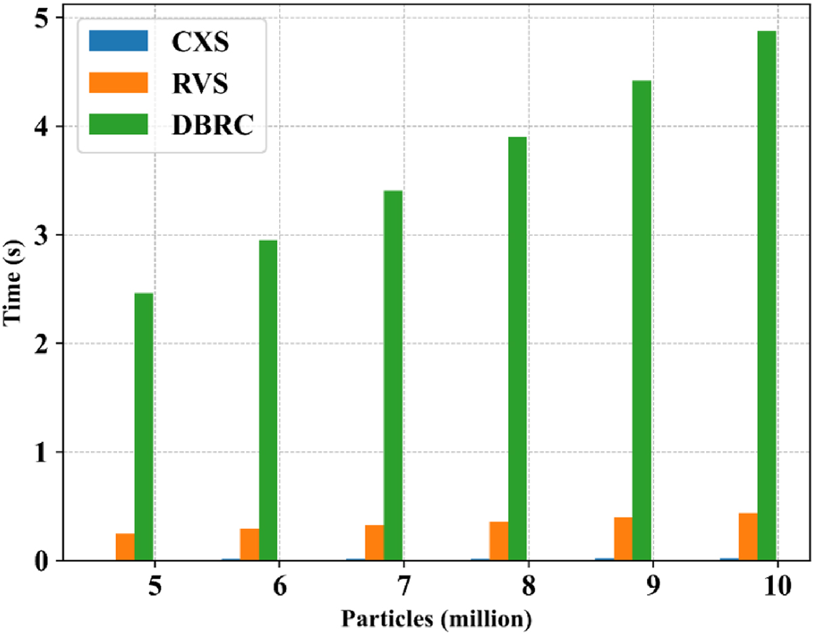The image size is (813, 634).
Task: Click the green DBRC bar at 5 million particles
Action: point(144,427)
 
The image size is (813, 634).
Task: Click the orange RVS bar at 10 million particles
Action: point(748,537)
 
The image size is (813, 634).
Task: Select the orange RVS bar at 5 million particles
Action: point(125,547)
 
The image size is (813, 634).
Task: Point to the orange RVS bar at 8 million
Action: point(499,541)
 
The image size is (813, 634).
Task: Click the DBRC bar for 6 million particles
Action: point(268,400)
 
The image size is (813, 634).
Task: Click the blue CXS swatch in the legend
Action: point(118,42)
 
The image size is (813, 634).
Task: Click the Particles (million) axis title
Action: point(437,618)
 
